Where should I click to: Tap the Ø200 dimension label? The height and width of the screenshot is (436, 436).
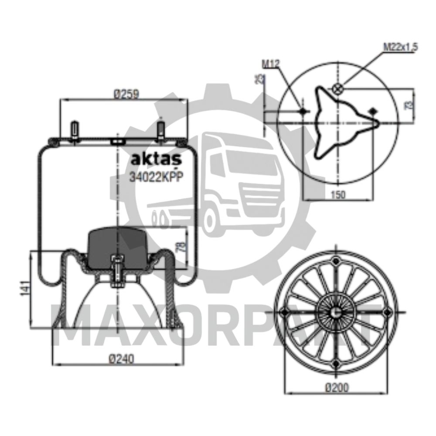(337, 388)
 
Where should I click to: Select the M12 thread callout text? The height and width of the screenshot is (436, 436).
(271, 64)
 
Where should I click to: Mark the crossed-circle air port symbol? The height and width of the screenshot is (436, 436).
(337, 89)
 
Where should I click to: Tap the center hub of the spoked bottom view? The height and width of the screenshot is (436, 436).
(336, 312)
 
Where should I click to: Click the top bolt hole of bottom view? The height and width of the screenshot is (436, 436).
(336, 261)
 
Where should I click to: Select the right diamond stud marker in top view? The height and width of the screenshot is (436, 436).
(373, 112)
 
